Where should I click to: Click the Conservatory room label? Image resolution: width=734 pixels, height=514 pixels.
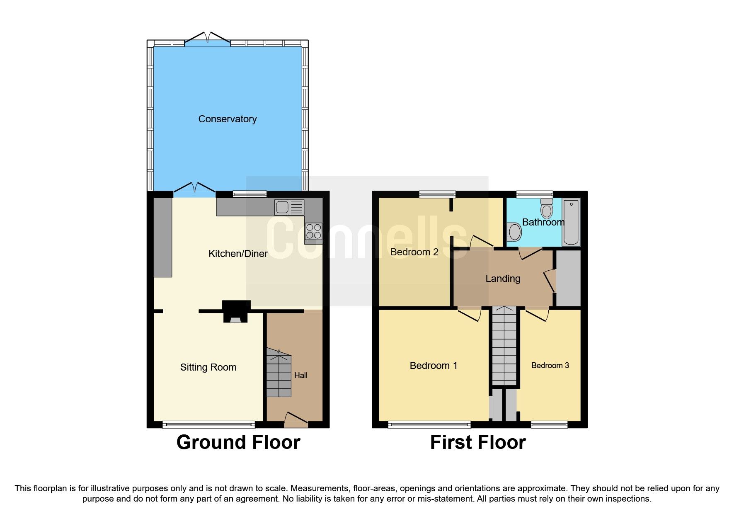pos(227,119)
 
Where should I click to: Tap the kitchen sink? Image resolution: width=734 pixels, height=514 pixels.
pos(289,207)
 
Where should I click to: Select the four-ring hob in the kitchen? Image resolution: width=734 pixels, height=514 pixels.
pos(313,231)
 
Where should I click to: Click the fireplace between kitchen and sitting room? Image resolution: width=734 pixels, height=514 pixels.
pos(236,312)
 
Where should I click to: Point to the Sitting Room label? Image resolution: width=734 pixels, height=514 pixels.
pos(208,367)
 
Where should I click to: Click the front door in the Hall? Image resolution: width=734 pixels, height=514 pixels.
pos(296,419)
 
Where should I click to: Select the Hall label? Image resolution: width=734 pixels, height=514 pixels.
pos(300,375)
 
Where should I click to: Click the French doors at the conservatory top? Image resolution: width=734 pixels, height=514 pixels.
pos(207,38)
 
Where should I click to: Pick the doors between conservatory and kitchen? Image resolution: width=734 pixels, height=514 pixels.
pos(194,189)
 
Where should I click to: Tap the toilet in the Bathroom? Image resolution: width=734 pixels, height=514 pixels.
pos(547,209)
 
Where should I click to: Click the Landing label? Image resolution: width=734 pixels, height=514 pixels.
pos(503,279)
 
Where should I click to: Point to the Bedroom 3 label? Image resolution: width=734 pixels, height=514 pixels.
pos(550,365)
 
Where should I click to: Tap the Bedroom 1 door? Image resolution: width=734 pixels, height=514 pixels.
pos(470,314)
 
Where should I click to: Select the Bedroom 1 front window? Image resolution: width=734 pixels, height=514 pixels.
pos(429,424)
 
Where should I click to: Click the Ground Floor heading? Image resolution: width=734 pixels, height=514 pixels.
pos(238,442)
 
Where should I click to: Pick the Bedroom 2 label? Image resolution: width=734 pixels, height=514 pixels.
pos(414,252)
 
